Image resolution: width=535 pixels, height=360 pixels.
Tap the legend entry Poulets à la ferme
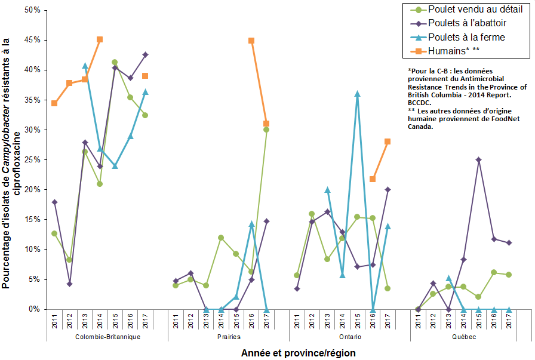[463, 37]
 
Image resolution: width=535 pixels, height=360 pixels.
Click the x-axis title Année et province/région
[298, 353]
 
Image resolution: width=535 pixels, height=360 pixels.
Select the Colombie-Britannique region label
[107, 337]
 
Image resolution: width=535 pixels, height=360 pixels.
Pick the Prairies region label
[229, 337]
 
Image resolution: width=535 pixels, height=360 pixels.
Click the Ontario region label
[350, 337]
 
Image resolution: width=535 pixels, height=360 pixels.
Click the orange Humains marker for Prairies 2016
[251, 41]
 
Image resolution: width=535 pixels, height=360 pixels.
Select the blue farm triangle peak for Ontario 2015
[357, 94]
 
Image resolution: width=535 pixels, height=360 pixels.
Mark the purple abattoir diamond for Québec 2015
[479, 160]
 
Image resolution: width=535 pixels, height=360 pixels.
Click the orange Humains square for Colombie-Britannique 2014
[100, 39]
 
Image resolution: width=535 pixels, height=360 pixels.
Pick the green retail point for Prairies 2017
[266, 130]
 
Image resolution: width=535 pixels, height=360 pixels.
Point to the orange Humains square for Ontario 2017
[388, 141]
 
